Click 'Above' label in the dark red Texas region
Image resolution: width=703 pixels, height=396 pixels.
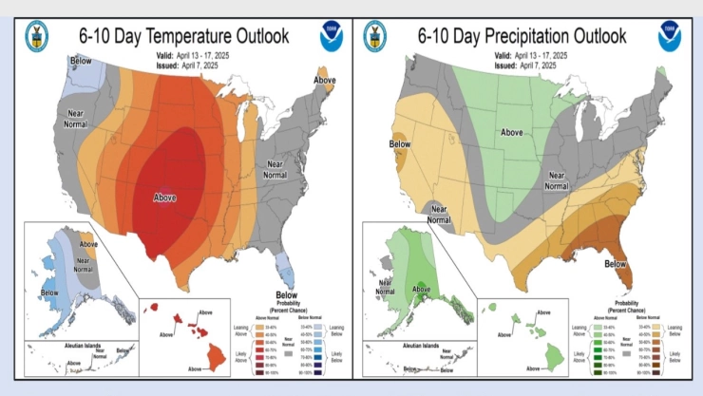click(165, 198)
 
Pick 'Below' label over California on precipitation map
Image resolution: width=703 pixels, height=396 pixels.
click(399, 144)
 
